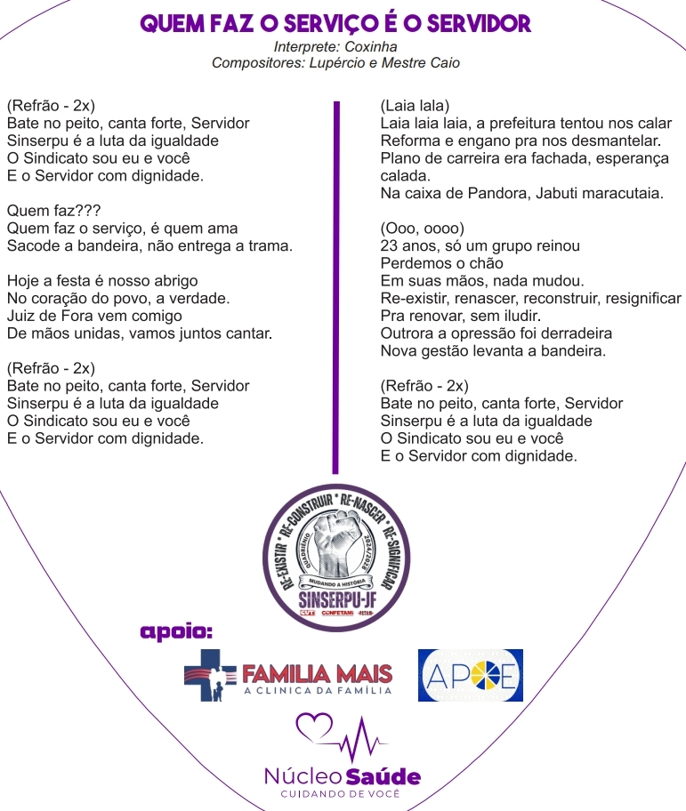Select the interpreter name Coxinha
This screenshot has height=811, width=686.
coord(371,46)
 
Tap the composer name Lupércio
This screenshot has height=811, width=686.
coord(334,63)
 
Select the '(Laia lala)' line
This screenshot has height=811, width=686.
coord(415,106)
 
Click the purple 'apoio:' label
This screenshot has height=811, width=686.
coord(177,632)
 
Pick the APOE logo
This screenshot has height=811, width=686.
coord(470,676)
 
